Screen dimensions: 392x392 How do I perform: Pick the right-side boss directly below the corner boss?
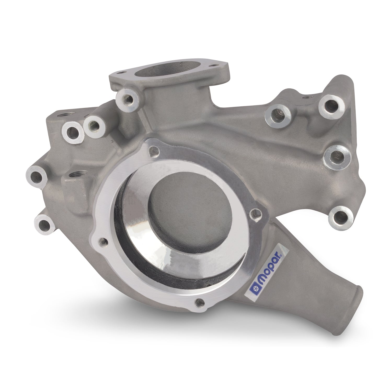[x=335, y=157]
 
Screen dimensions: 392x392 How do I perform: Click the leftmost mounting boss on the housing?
[x=36, y=178]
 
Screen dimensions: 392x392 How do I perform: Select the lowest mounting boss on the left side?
[x=44, y=224]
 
